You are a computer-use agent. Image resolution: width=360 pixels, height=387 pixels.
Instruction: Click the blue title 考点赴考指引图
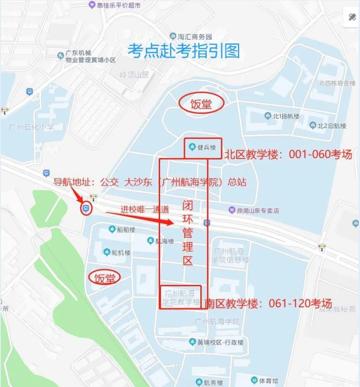184,51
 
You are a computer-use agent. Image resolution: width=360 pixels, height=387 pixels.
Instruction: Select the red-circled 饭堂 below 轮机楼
105,277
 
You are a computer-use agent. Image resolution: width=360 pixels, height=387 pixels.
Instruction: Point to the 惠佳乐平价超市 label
118,5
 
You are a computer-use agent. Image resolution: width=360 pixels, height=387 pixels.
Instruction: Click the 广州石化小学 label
31,127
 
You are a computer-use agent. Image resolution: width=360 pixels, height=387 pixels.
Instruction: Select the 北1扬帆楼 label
286,117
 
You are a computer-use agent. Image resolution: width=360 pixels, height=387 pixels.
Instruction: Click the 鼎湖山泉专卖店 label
257,210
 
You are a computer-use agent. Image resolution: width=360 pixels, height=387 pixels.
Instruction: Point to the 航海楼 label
164,241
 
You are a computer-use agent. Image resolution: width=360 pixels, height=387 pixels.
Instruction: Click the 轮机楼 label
120,253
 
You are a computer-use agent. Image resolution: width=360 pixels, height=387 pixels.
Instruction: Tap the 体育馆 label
268,380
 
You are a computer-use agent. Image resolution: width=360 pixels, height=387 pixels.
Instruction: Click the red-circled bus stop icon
86,208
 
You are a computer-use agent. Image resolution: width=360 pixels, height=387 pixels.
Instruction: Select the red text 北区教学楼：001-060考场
288,155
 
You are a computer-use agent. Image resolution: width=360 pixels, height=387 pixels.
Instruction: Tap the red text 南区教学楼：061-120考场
268,304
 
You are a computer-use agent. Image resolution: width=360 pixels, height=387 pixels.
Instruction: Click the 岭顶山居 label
134,74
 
